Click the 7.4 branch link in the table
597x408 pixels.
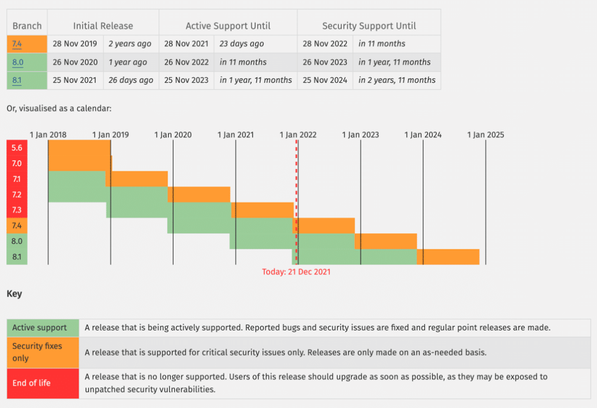tap(17, 44)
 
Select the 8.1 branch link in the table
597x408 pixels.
tap(17, 80)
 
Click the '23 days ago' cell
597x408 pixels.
tap(241, 44)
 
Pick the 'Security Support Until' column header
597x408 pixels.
tap(368, 26)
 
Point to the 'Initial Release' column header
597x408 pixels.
tap(103, 26)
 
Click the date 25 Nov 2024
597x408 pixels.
tap(325, 80)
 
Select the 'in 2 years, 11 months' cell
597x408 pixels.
tap(396, 80)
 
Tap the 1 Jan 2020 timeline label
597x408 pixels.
tap(173, 135)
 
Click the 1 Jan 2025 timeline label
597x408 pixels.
tap(485, 135)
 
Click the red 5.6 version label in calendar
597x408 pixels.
tap(17, 148)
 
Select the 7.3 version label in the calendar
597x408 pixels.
tap(17, 210)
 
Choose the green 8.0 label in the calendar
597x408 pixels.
tap(17, 241)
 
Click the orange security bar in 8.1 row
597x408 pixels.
tap(448, 256)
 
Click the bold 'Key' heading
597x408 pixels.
tap(14, 294)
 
